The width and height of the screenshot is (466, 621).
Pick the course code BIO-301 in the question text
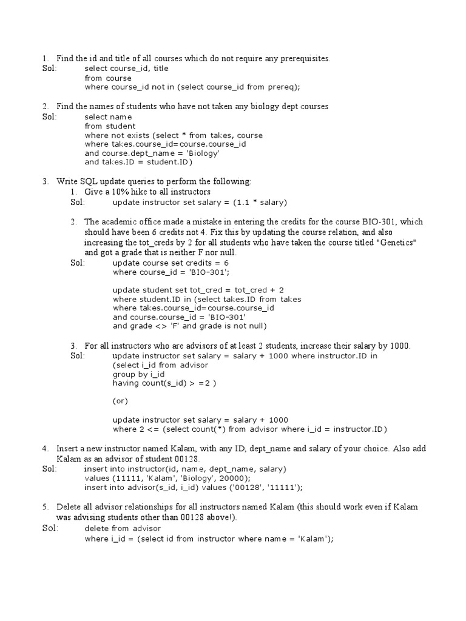(x=377, y=221)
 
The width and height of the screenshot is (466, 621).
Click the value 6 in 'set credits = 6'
(x=226, y=263)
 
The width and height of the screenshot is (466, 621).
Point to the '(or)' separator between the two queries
(x=121, y=401)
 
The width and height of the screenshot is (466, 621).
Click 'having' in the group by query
(x=126, y=383)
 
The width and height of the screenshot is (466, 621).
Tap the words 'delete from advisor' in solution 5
(x=123, y=529)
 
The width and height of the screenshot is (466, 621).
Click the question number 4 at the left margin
(x=45, y=449)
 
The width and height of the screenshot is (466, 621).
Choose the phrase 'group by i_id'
(x=135, y=374)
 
